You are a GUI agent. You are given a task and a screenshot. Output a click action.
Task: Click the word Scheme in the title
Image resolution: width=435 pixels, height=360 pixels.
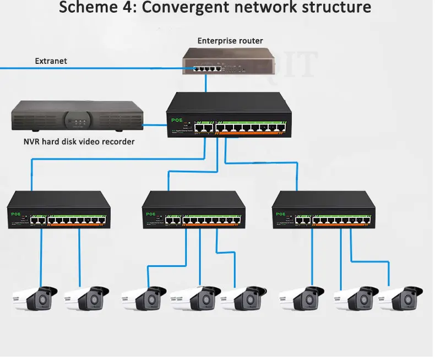[x=85, y=8]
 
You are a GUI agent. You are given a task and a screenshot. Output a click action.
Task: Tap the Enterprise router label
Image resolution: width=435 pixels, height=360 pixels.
[x=230, y=41]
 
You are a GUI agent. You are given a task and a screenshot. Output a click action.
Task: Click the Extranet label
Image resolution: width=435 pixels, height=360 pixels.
[x=51, y=61]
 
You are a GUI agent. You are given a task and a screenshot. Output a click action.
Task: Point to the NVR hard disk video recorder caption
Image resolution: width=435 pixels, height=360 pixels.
[x=79, y=142]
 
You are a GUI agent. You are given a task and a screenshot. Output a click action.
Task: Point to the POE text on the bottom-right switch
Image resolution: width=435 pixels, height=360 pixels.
[x=280, y=214]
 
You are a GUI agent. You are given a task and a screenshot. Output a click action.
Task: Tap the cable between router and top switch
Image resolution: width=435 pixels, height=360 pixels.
[x=206, y=83]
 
